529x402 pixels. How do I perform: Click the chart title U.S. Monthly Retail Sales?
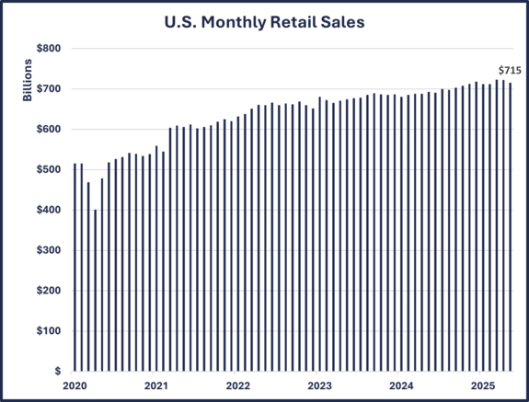pyautogui.click(x=264, y=20)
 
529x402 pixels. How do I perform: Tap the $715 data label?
pyautogui.click(x=509, y=70)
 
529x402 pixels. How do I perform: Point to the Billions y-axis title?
pyautogui.click(x=28, y=80)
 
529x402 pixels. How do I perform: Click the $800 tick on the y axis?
pyautogui.click(x=49, y=49)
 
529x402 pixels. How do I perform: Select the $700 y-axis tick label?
pyautogui.click(x=49, y=89)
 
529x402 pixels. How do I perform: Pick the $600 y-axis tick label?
pyautogui.click(x=49, y=130)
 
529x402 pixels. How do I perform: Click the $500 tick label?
pyautogui.click(x=49, y=170)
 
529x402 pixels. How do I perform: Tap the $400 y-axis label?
pyautogui.click(x=49, y=211)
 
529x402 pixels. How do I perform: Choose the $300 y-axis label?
pyautogui.click(x=49, y=250)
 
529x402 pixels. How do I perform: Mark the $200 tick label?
pyautogui.click(x=49, y=291)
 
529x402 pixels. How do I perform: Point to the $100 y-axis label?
pyautogui.click(x=49, y=331)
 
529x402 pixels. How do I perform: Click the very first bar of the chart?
pyautogui.click(x=75, y=267)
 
